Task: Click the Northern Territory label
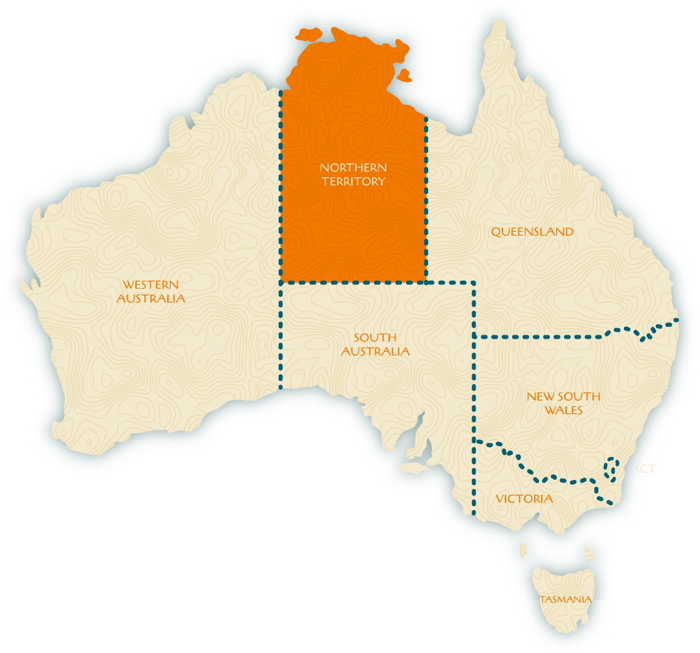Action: tap(353, 174)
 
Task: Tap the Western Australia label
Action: tap(150, 292)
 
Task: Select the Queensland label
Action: tap(532, 232)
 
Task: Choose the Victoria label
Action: tap(524, 499)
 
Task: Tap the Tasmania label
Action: tap(566, 600)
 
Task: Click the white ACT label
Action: tap(643, 468)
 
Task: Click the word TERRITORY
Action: tap(353, 182)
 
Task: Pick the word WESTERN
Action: tap(150, 285)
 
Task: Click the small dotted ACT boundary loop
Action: tap(611, 467)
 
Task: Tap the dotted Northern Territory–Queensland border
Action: tap(426, 195)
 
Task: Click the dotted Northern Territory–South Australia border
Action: tap(353, 282)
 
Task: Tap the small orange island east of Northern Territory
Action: tap(404, 76)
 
